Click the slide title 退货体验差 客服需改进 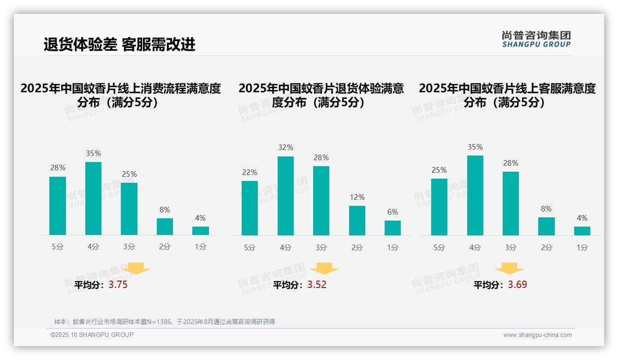pyautogui.click(x=119, y=44)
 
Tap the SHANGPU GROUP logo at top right pyautogui.click(x=536, y=39)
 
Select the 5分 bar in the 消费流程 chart pyautogui.click(x=58, y=206)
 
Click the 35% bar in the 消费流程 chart pyautogui.click(x=93, y=198)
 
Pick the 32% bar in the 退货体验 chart pyautogui.click(x=285, y=196)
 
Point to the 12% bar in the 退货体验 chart pyautogui.click(x=357, y=221)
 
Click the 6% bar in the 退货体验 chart pyautogui.click(x=392, y=228)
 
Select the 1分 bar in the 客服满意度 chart pyautogui.click(x=582, y=231)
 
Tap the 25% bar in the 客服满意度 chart pyautogui.click(x=439, y=207)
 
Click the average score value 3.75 pyautogui.click(x=118, y=285)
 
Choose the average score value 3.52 pyautogui.click(x=317, y=285)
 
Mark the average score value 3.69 pyautogui.click(x=517, y=285)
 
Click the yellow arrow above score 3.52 pyautogui.click(x=325, y=269)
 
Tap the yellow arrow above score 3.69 pyautogui.click(x=509, y=269)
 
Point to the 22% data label pyautogui.click(x=250, y=172)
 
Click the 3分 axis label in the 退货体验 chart pyautogui.click(x=321, y=247)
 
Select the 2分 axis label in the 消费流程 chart pyautogui.click(x=165, y=247)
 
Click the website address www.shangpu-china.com pyautogui.click(x=537, y=335)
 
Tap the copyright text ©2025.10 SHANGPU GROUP pyautogui.click(x=92, y=335)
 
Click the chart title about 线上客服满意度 pyautogui.click(x=507, y=95)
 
